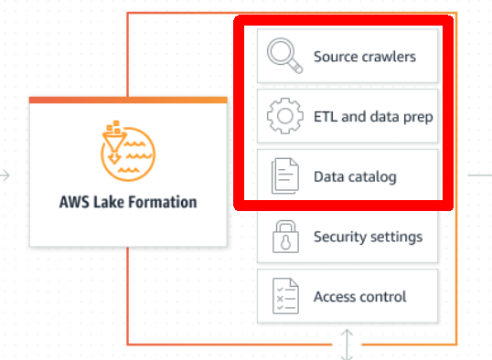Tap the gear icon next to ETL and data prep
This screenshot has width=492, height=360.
[x=285, y=116]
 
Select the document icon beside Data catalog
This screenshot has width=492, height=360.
[x=285, y=176]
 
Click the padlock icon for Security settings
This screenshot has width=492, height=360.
[x=285, y=237]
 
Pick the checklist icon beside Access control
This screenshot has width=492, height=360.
[x=285, y=297]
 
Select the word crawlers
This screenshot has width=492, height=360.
[x=388, y=57]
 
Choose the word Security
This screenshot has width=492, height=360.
[x=341, y=237]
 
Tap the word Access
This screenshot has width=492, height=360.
[x=336, y=297]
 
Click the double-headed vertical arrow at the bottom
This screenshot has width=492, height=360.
[x=347, y=345]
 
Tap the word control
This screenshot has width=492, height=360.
[x=385, y=297]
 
